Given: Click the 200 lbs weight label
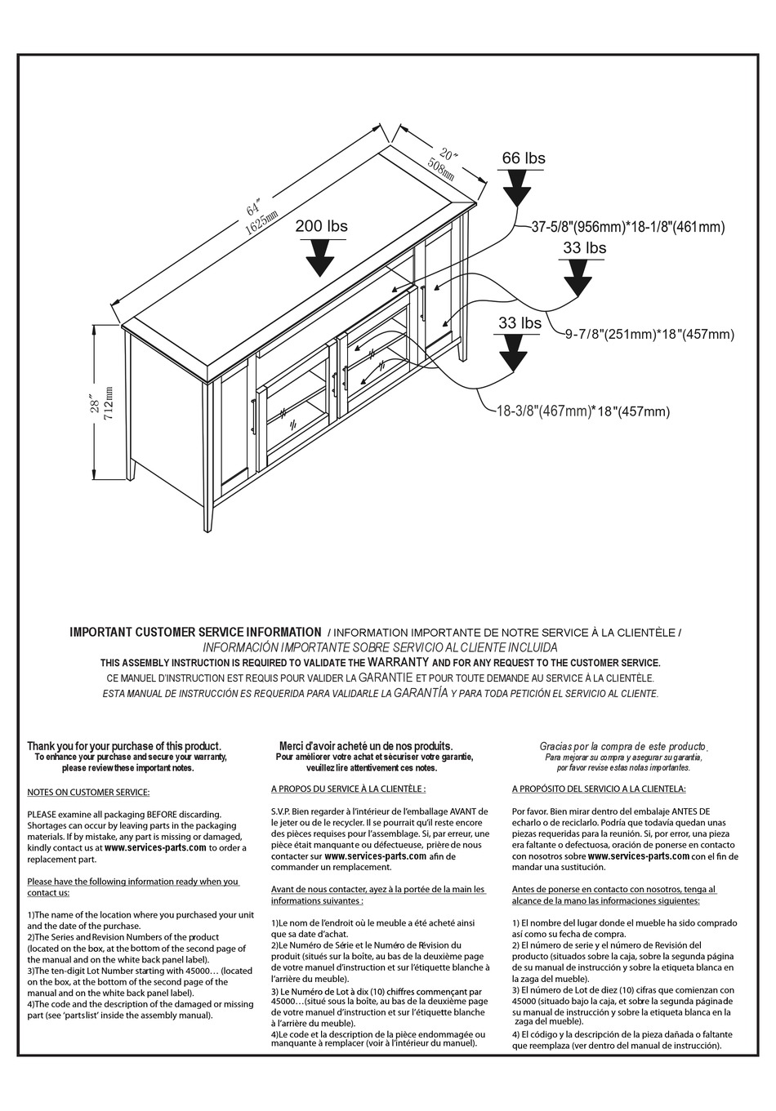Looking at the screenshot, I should click(321, 226).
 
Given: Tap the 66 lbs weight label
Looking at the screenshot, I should click(523, 158).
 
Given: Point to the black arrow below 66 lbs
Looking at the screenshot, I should click(516, 191).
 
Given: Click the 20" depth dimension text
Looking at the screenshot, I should click(448, 154).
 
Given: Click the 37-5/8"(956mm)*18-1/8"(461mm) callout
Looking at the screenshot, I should click(627, 228).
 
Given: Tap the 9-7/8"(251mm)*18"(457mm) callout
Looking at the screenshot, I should click(649, 334).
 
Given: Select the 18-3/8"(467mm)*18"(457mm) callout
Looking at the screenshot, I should click(583, 411).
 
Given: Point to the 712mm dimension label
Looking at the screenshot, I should click(109, 406).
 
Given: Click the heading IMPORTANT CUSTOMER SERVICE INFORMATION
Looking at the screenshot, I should click(195, 632).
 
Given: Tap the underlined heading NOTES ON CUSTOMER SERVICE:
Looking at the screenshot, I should click(88, 792).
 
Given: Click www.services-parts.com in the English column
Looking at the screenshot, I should click(155, 847).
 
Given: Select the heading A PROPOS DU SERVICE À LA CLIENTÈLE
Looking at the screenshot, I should click(348, 789).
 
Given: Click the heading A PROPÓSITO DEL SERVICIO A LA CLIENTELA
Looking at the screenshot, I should click(599, 789).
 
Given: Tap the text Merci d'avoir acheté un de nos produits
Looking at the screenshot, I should click(365, 746).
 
